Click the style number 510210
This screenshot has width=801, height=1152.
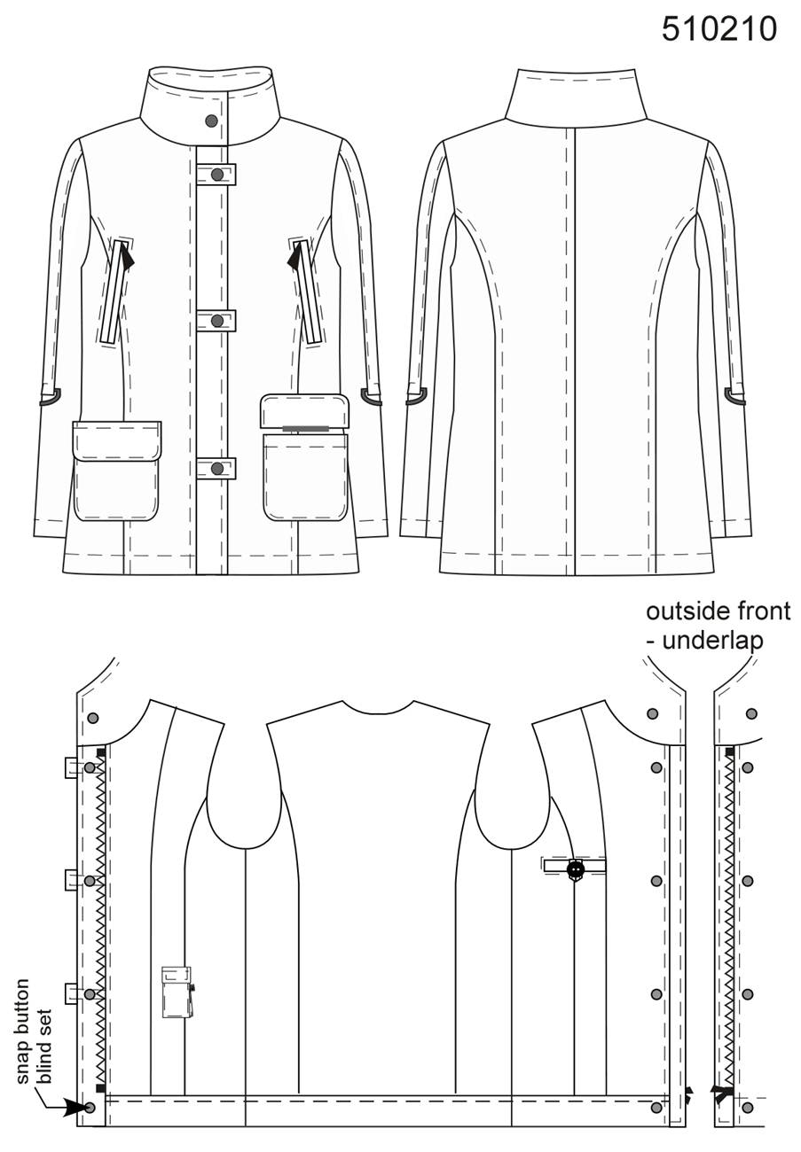719,28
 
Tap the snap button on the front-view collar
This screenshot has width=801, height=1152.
211,121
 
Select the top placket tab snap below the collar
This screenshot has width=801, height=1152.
217,175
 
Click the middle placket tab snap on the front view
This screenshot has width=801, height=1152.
217,321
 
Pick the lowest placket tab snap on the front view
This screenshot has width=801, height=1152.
217,469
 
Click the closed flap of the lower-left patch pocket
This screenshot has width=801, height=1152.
117,441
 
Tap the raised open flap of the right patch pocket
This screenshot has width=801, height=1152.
305,410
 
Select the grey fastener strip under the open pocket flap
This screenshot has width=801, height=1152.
306,428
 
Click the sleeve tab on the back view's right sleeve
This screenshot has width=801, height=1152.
734,395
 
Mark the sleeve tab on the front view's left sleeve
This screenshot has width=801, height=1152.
50,397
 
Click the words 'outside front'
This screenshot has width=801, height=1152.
719,611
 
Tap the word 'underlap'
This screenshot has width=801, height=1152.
712,641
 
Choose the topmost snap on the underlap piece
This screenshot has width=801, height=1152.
751,713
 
